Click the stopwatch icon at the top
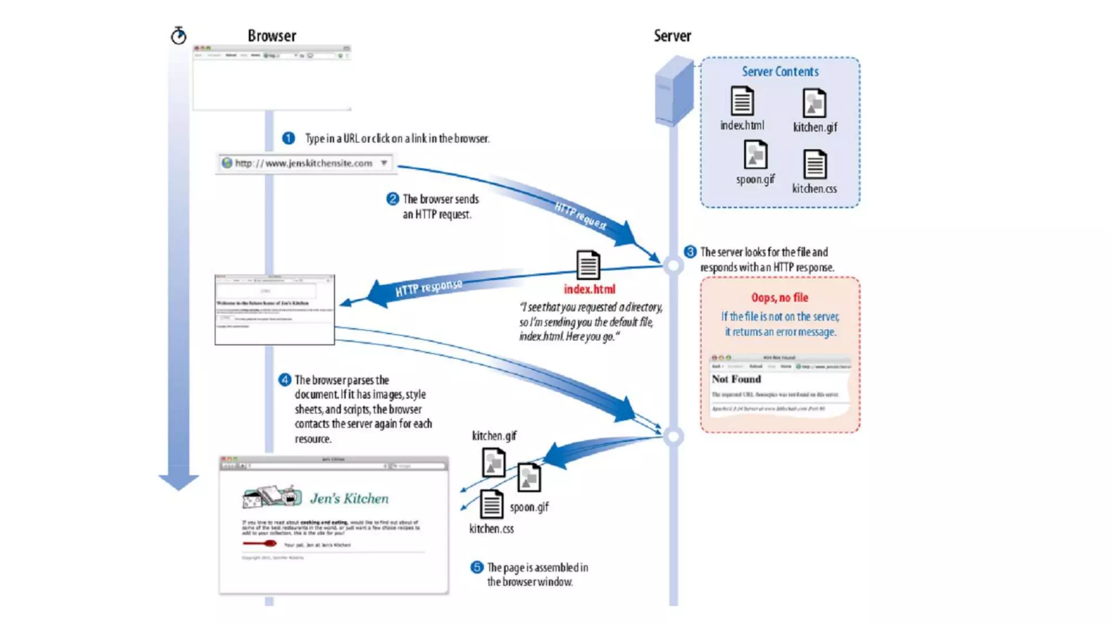pos(178,36)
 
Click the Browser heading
pos(272,36)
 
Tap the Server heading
pos(672,36)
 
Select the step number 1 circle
pos(289,138)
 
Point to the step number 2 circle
pos(393,199)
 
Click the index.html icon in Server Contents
pos(742,101)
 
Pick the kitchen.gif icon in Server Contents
pos(814,103)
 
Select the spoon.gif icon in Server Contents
pos(755,155)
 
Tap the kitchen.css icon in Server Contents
pos(815,164)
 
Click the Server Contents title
pos(780,72)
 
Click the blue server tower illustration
pos(674,92)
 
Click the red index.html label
pos(590,289)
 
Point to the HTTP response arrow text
pos(429,288)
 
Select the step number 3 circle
pos(690,252)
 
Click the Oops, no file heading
pos(780,297)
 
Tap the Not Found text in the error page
pos(736,379)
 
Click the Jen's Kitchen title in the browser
pos(349,499)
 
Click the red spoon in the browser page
pos(260,543)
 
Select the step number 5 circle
pos(476,567)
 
